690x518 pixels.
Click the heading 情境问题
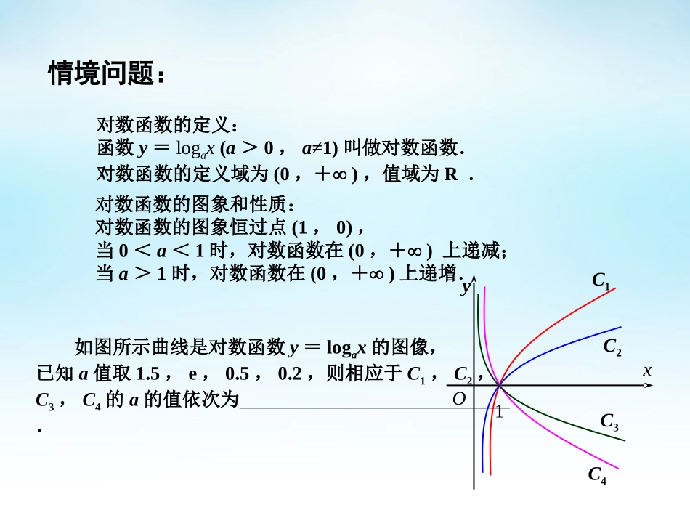coord(107,73)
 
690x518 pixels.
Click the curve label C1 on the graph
coord(601,280)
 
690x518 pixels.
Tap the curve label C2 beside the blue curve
coord(612,347)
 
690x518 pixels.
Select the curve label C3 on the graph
coord(609,422)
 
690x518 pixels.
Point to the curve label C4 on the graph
coord(597,476)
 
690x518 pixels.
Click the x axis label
coord(647,371)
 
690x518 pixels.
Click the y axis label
coord(466,288)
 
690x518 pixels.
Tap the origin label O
coord(458,399)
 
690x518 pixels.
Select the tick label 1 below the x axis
coord(499,412)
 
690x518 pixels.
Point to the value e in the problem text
coord(193,375)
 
